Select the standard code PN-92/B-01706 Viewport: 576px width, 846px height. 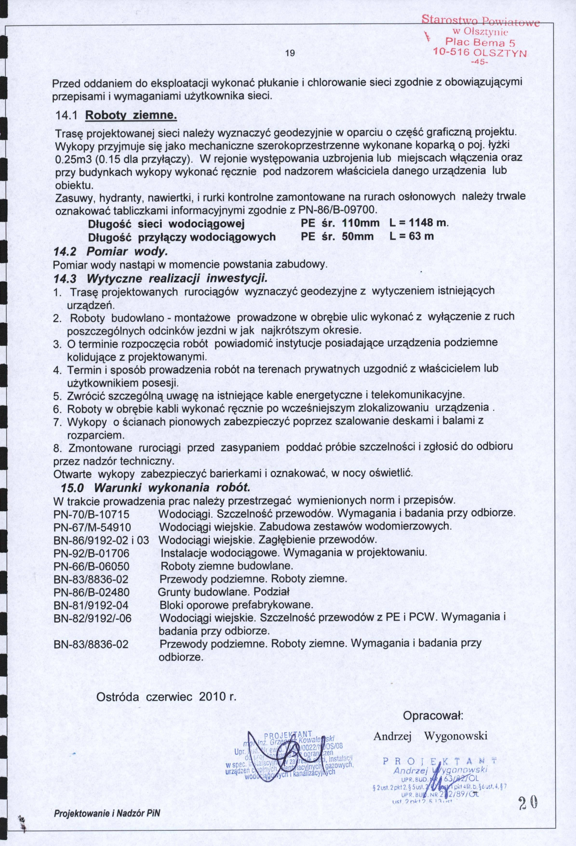pyautogui.click(x=91, y=553)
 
